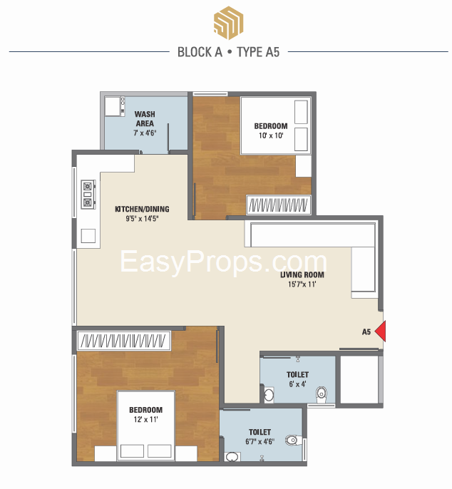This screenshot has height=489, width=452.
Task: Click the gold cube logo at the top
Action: [228, 23]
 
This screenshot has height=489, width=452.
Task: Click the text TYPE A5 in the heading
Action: [258, 52]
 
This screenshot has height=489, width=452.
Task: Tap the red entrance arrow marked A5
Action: [380, 331]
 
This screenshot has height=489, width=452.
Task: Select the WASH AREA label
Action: [145, 118]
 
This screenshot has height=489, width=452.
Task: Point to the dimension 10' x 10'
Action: [271, 135]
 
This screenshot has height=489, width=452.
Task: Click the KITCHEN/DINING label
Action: [143, 209]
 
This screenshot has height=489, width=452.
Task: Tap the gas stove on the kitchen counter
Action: [88, 194]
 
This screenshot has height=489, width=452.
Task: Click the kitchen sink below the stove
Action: [88, 236]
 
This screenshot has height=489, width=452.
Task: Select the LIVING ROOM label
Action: [302, 274]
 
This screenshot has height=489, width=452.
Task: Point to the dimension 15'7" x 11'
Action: [302, 284]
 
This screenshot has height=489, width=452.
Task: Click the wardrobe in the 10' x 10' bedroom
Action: [279, 205]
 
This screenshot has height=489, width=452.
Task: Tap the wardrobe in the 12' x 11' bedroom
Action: [124, 340]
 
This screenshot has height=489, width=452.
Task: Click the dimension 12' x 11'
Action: [145, 419]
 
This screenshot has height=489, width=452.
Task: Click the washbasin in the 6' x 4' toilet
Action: [269, 395]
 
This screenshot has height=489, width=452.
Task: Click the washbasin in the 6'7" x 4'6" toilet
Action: [232, 457]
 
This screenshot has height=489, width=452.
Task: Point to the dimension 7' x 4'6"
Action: [145, 133]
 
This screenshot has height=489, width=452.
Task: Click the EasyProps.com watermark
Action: [223, 262]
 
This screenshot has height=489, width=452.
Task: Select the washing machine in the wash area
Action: [113, 106]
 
